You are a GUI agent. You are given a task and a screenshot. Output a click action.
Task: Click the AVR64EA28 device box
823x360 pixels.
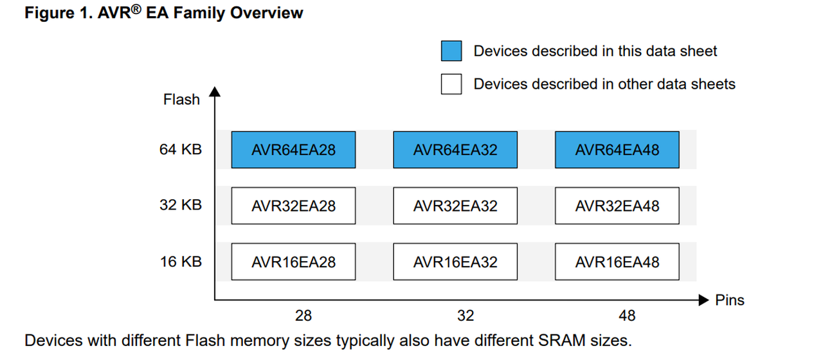pos(293,150)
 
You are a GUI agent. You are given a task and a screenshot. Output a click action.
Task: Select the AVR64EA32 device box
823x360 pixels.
pos(455,150)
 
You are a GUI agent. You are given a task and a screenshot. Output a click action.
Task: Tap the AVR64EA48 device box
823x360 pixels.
pos(617,150)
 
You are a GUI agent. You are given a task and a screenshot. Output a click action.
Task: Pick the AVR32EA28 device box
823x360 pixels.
pos(293,206)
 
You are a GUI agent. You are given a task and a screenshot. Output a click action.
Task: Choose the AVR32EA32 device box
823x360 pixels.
pos(455,206)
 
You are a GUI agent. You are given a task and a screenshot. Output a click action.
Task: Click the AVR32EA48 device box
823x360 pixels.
pos(617,206)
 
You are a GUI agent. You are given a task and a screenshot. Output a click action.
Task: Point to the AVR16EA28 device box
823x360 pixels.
pos(293,262)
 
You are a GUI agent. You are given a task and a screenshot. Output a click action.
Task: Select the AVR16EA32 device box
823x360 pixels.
pos(455,262)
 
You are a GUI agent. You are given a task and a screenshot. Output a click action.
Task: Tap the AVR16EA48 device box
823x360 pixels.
pos(617,262)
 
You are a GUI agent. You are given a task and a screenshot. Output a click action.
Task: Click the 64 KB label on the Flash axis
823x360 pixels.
pos(181,150)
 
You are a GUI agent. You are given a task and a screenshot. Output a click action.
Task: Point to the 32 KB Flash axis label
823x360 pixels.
pos(181,205)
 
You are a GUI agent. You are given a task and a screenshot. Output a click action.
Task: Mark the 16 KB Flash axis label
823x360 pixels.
pos(181,262)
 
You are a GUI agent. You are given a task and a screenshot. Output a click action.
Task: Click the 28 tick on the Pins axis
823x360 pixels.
pos(303,316)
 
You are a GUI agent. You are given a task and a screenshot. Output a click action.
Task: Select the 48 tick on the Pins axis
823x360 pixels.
pos(627,316)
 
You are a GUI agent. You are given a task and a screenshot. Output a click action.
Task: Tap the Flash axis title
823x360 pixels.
pos(181,100)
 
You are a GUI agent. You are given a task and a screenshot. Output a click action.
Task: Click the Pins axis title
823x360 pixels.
pos(730,300)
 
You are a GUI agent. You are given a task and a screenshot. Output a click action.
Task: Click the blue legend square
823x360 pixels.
pos(451,51)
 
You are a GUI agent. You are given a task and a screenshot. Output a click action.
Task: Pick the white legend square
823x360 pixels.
pos(451,84)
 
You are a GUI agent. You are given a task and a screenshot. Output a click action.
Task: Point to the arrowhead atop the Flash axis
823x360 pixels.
pos(215,93)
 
